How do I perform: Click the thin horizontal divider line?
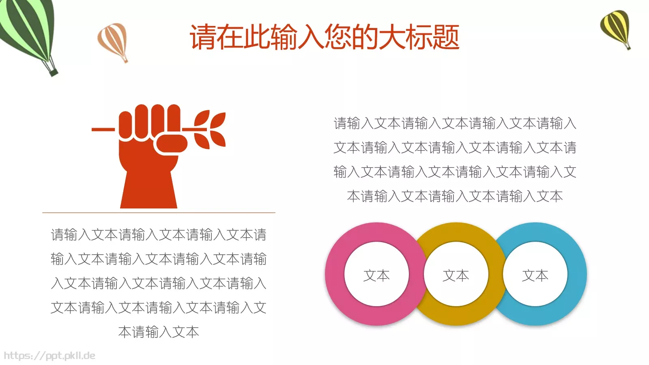click(x=159, y=213)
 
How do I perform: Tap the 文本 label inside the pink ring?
click(x=376, y=276)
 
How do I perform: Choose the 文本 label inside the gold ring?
click(x=456, y=276)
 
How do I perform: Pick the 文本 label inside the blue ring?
click(x=535, y=276)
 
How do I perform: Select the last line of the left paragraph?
click(x=159, y=332)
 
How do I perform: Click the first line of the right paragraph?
click(x=455, y=123)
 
